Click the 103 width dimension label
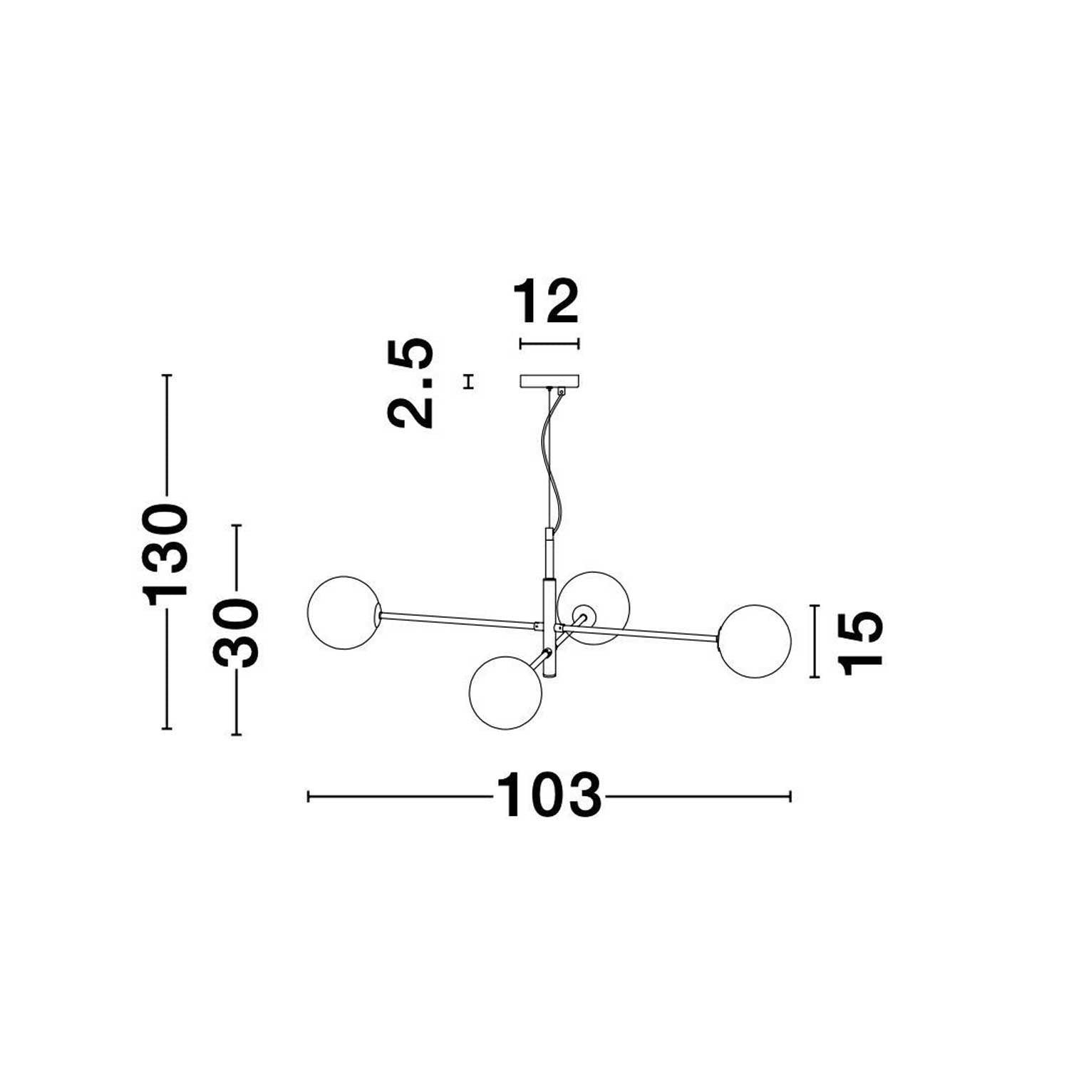[549, 795]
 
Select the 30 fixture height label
[236, 632]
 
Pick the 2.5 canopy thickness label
[410, 382]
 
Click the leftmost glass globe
[344, 613]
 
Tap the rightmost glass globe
[754, 641]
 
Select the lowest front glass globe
[506, 693]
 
